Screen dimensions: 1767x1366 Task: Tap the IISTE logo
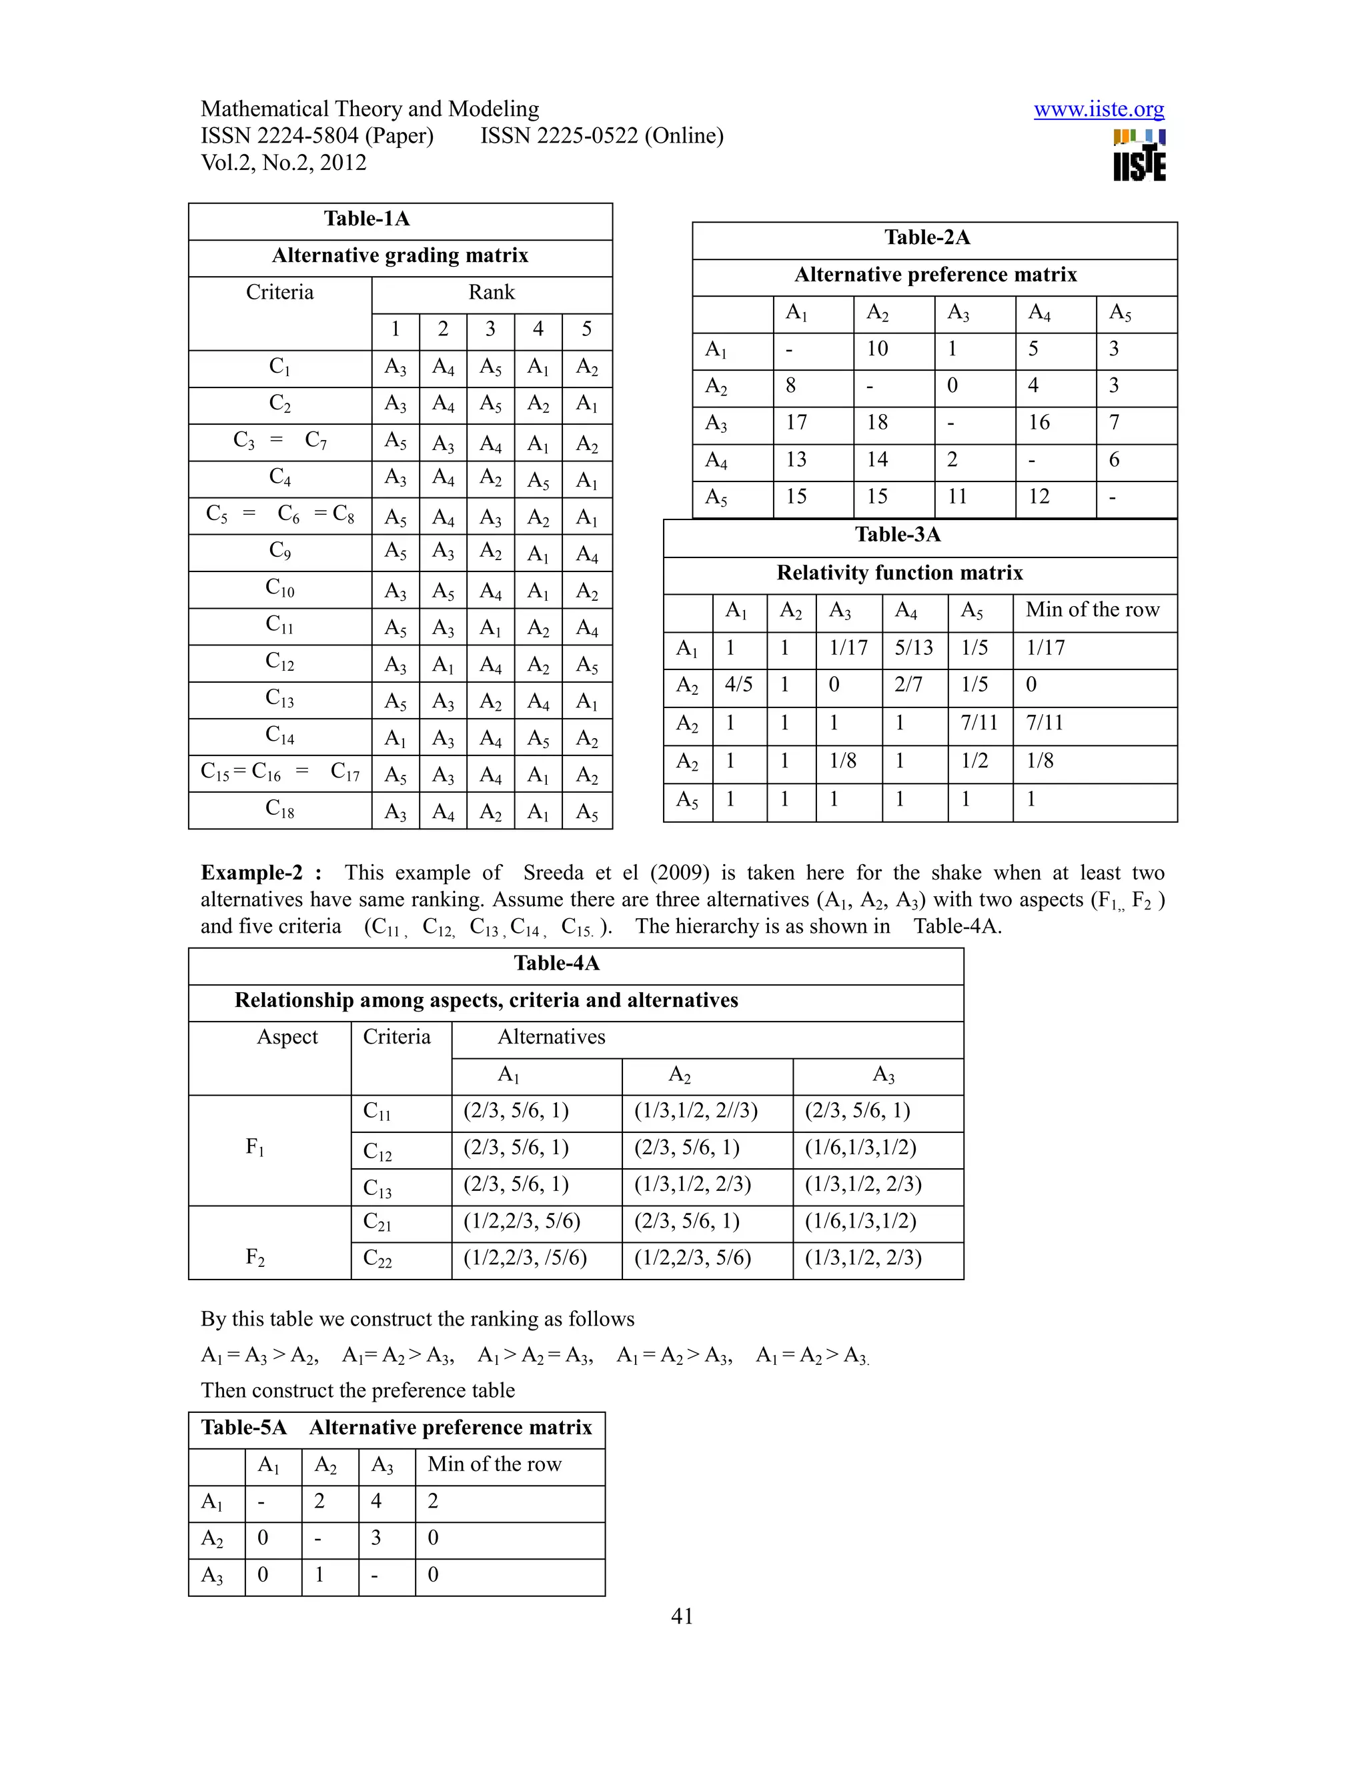(x=1139, y=156)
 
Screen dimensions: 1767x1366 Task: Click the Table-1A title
(x=367, y=219)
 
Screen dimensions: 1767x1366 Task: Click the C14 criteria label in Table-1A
(x=279, y=735)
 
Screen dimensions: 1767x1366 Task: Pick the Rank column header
(x=491, y=293)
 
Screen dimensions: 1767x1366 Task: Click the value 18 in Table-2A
(x=877, y=422)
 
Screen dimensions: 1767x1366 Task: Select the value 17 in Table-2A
(x=796, y=422)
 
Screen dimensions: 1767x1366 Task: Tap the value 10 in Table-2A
(x=877, y=349)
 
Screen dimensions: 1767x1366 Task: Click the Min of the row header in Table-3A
(x=1093, y=610)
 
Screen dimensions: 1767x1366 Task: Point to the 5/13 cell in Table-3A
(x=914, y=648)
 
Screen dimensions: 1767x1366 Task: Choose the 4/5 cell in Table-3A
(x=738, y=685)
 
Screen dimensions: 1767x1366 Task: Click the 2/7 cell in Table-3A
(x=908, y=685)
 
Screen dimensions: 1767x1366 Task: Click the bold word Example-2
(x=251, y=873)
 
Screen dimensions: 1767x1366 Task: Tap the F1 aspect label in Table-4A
(x=255, y=1148)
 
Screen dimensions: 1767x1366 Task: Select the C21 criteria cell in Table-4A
(x=377, y=1222)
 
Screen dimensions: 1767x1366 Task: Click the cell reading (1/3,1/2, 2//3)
(x=696, y=1112)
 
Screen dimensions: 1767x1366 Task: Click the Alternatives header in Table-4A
(x=551, y=1038)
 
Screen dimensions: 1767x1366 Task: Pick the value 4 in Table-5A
(x=376, y=1502)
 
